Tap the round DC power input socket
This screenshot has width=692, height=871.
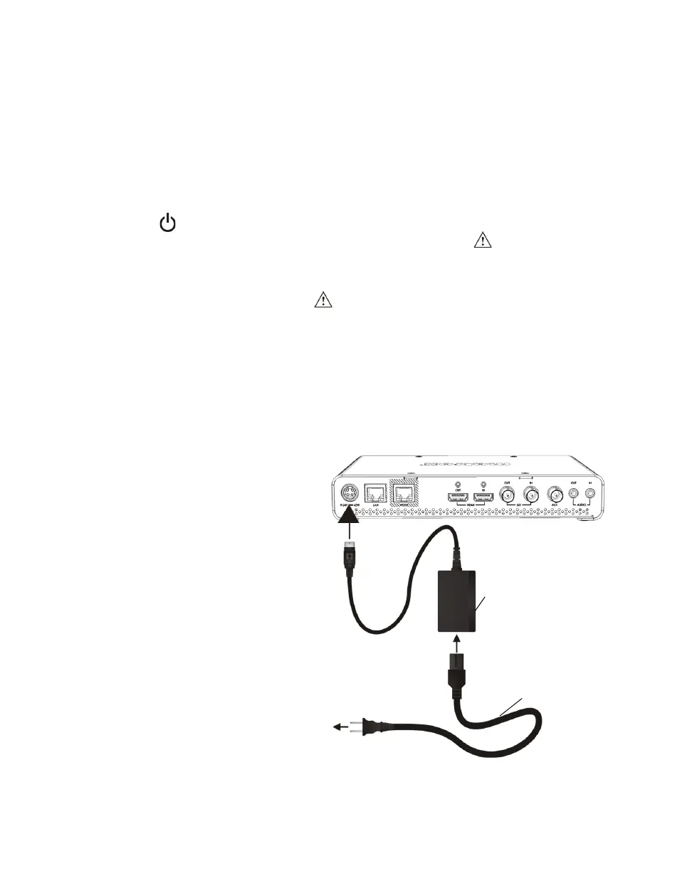point(350,493)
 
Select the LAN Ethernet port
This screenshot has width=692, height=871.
point(375,495)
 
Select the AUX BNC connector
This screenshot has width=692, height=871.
point(555,495)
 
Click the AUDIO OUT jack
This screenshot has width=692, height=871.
point(575,492)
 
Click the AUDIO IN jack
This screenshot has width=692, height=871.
point(590,492)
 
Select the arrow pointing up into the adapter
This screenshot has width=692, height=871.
point(458,648)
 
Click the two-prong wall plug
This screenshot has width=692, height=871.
point(372,727)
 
